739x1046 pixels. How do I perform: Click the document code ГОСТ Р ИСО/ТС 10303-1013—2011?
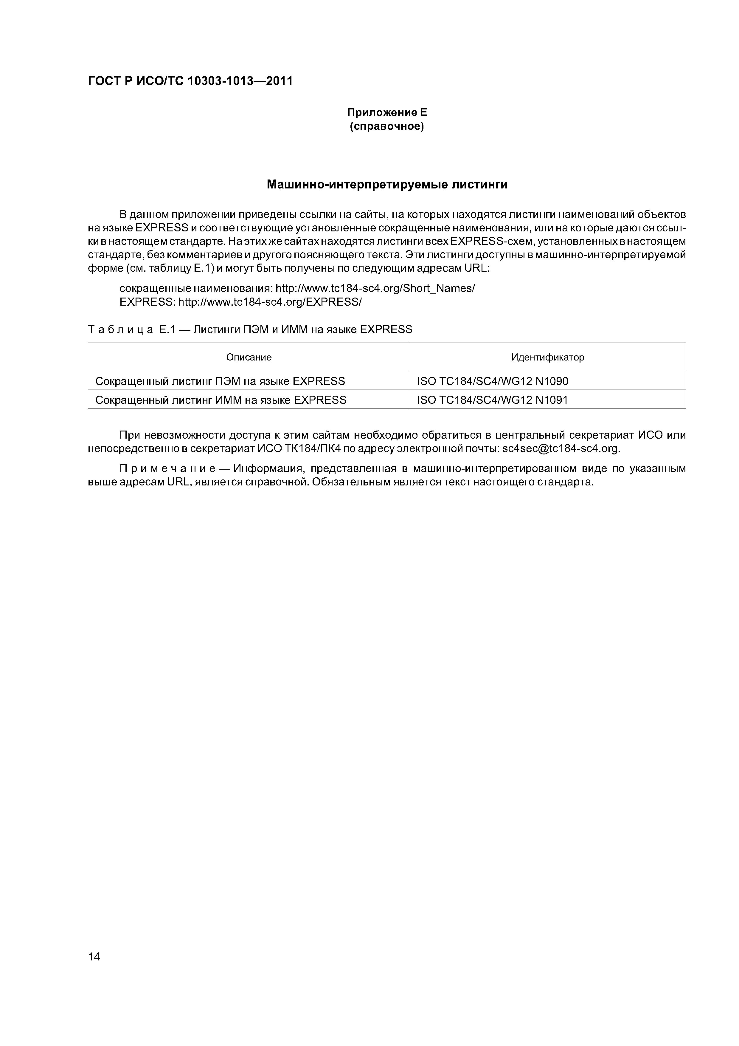(190, 81)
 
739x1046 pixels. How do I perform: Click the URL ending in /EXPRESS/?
(270, 302)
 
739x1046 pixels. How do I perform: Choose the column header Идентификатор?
(547, 357)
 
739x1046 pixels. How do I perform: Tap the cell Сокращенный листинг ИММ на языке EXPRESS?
(221, 400)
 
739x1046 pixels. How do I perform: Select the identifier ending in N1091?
(492, 400)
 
